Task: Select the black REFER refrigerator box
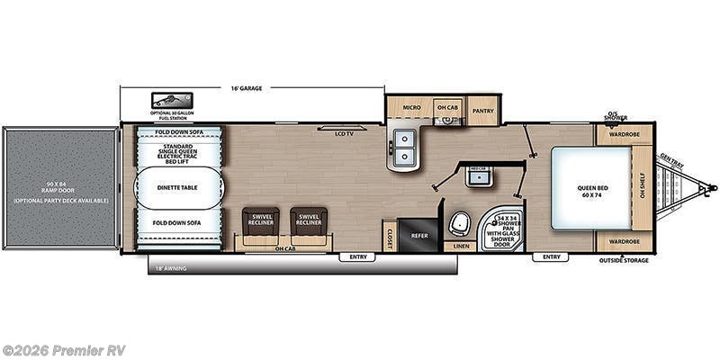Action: (x=419, y=233)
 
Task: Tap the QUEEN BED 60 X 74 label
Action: (x=591, y=193)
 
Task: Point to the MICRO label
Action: (x=411, y=108)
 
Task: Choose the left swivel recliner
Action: (x=261, y=221)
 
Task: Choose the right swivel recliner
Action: (x=308, y=221)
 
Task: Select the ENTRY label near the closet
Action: (x=358, y=257)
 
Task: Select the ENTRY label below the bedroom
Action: (x=551, y=257)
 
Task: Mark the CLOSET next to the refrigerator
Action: (x=389, y=236)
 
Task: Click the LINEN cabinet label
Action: (x=461, y=245)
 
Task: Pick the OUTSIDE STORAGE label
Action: (x=624, y=260)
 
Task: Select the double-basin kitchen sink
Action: (x=405, y=148)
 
